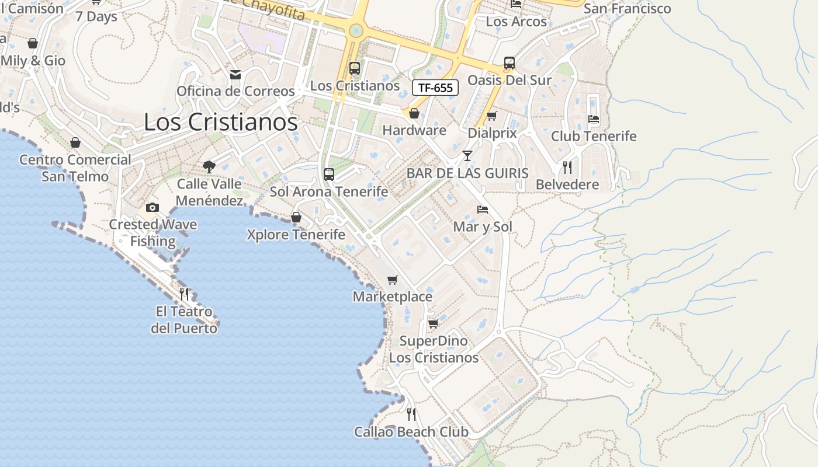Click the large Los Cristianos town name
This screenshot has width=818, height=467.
point(221,122)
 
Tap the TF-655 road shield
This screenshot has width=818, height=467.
point(435,88)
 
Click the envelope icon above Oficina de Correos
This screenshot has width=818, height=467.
point(235,75)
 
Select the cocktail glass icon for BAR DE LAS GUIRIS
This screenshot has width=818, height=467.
point(467,155)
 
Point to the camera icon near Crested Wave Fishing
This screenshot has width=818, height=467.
point(152,207)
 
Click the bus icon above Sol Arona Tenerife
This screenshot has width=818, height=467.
point(329,174)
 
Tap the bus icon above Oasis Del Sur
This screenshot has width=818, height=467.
point(509,62)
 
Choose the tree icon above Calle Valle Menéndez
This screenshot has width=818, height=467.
point(209,167)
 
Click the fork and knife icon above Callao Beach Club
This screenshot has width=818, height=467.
point(411,414)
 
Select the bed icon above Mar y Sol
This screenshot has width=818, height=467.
point(483,209)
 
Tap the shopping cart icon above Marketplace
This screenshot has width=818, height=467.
point(393,280)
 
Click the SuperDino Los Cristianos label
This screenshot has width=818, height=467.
point(434,349)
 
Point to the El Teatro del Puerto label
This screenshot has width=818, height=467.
point(183,320)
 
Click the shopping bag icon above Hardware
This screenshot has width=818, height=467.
point(414,113)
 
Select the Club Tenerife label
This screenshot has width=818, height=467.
point(594,136)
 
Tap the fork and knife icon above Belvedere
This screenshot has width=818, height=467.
point(567,168)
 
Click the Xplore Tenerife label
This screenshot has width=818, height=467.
point(296,235)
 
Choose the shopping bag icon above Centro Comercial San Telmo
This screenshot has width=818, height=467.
point(75,142)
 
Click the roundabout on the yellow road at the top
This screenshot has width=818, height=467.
point(355,30)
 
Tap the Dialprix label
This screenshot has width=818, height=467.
point(492,133)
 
